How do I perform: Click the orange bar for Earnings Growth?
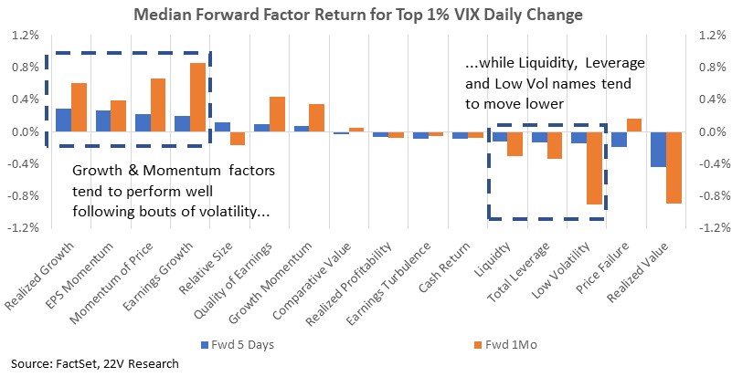197,98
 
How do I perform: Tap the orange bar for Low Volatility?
594,168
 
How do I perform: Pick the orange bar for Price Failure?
634,125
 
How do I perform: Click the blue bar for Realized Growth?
63,120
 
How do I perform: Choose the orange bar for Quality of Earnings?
277,114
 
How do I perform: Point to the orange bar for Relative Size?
238,139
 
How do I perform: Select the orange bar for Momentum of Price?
158,106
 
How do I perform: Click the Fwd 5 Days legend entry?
238,345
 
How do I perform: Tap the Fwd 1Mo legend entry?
504,345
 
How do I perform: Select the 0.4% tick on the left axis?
26,99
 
